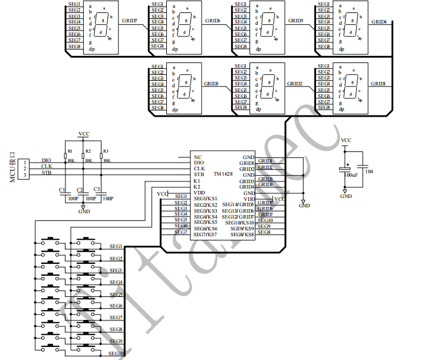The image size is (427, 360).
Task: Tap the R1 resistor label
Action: (x=70, y=151)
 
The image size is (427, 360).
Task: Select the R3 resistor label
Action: (x=106, y=151)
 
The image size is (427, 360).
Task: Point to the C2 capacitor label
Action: (x=79, y=189)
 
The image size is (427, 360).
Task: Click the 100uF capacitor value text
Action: (x=351, y=175)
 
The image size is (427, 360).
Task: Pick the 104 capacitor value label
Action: (x=369, y=171)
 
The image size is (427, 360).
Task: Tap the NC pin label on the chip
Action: (x=198, y=157)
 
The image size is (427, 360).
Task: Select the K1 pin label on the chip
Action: (x=198, y=180)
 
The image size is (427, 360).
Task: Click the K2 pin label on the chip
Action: (x=198, y=186)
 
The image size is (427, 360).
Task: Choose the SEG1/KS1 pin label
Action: (x=206, y=199)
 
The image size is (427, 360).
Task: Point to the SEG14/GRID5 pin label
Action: (x=238, y=204)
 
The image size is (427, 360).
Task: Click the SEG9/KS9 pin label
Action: (x=242, y=228)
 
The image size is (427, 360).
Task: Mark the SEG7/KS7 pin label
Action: (x=206, y=235)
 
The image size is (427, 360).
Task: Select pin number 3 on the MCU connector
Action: (x=25, y=175)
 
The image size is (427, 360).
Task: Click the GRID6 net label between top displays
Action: (x=212, y=21)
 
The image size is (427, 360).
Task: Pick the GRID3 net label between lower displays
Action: (x=211, y=84)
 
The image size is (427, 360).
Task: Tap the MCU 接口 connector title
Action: (x=12, y=169)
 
